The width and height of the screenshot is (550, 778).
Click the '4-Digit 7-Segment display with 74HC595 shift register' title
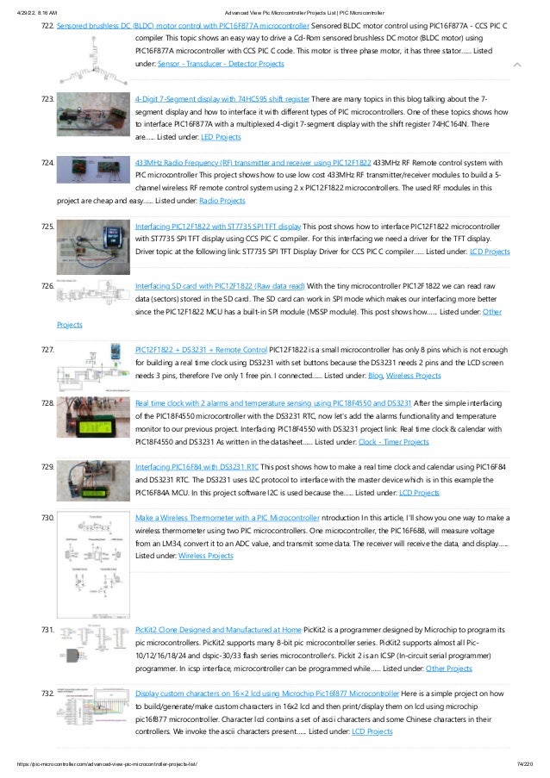tap(222, 100)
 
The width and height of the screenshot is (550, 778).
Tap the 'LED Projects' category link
tap(222, 137)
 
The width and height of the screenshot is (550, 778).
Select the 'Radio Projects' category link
tap(222, 200)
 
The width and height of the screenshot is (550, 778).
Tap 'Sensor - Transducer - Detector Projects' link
tap(221, 65)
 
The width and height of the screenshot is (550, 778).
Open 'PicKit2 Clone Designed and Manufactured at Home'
tap(218, 632)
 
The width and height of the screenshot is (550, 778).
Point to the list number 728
tap(49, 403)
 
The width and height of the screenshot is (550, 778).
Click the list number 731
tap(49, 632)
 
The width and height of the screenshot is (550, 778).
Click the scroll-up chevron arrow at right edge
tap(516, 65)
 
